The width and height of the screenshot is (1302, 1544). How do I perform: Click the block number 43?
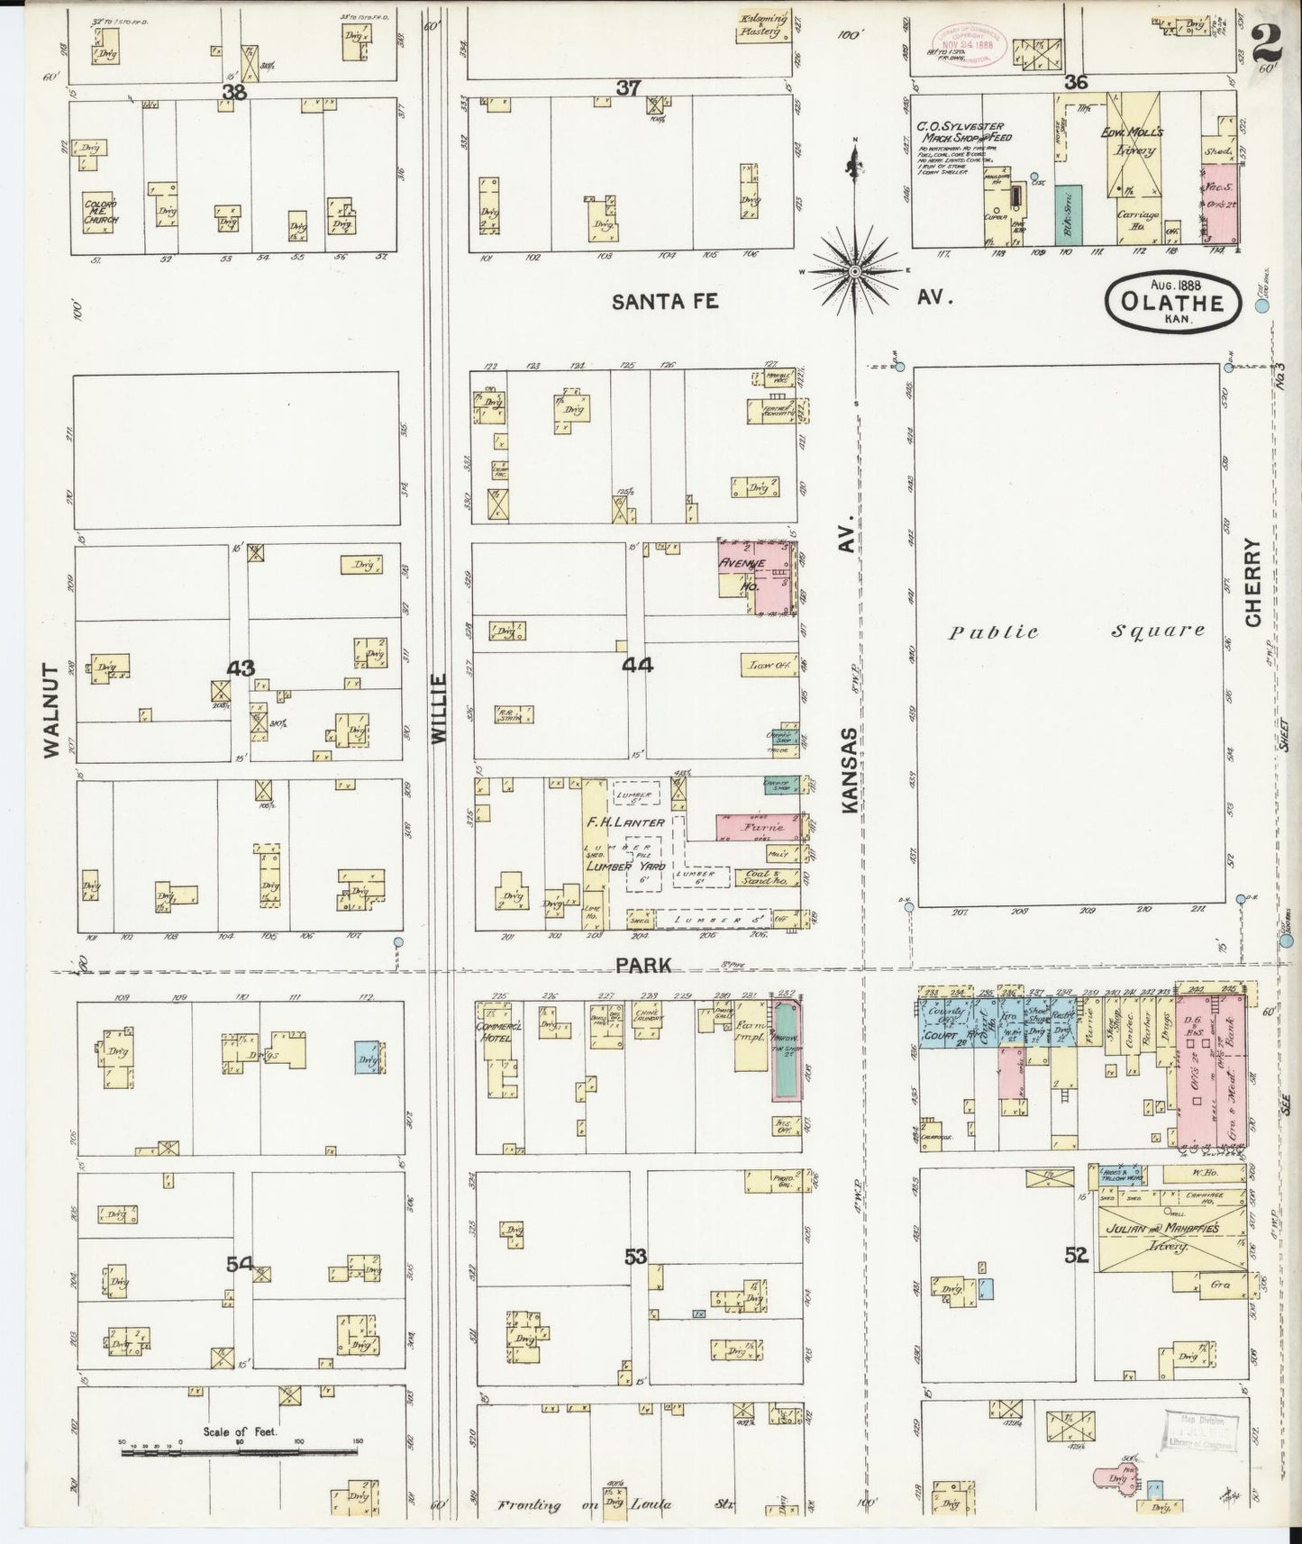241,668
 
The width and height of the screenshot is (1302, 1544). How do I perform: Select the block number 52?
1077,1255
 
